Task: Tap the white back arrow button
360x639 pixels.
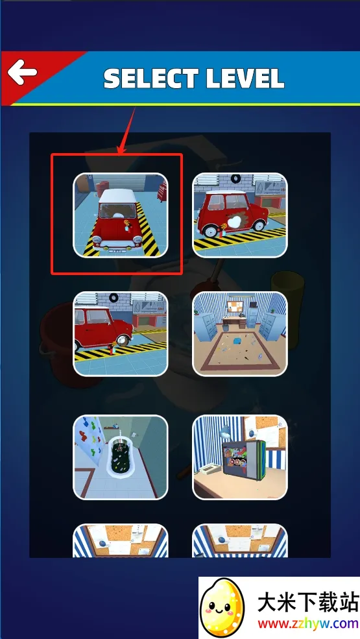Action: coord(23,73)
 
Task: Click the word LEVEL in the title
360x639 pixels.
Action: coord(245,78)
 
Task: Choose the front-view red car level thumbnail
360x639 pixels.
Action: coord(120,215)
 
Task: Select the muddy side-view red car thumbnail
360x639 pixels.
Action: coord(240,215)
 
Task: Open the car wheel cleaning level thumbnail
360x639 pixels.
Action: coord(120,333)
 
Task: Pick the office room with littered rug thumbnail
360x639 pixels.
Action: coord(240,333)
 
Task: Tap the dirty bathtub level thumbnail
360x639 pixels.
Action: coord(120,457)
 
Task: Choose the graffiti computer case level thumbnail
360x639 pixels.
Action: coord(240,457)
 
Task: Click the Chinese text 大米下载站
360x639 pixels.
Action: coord(308,602)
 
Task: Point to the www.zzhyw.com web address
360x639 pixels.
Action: coord(308,624)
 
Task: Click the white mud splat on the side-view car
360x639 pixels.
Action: coord(233,222)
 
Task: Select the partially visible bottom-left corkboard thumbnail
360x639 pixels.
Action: coord(120,541)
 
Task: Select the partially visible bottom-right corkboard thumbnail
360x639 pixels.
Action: coord(240,541)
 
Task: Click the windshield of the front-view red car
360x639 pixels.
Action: coord(117,211)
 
